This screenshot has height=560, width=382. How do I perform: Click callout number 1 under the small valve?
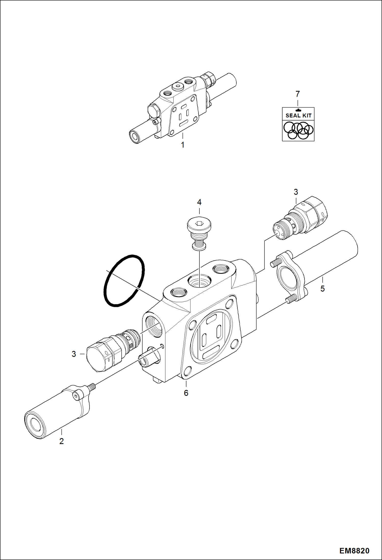183,145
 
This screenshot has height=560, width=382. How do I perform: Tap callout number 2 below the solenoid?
61,441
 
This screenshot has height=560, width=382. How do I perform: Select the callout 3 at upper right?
296,192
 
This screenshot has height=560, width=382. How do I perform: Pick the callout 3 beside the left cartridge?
74,354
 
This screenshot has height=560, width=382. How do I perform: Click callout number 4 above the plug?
199,202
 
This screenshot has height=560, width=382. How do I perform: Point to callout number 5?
323,289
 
